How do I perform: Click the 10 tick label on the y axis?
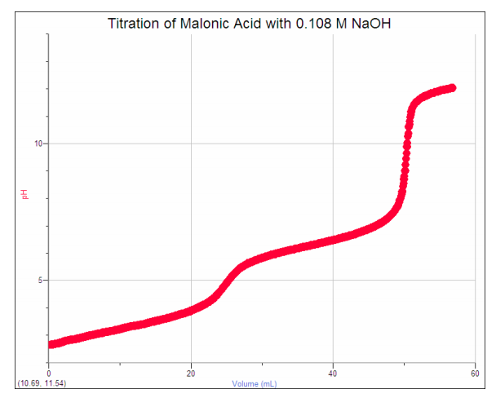38,144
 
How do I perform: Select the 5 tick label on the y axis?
40,280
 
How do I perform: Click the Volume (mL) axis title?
255,383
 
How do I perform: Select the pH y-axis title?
24,194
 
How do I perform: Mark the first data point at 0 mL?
51,344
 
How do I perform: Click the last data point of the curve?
452,87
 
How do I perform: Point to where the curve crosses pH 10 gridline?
406,144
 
